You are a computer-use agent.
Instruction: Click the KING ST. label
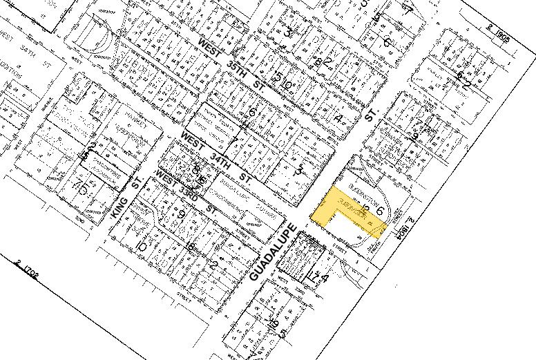tap(126, 197)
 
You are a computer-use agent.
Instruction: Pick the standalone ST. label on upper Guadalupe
tap(372, 114)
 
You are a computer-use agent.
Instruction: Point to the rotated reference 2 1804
tap(404, 228)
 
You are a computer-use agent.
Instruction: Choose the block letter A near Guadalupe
tap(338, 119)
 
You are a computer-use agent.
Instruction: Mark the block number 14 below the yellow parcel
tap(320, 277)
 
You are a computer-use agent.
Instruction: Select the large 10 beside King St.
tap(142, 246)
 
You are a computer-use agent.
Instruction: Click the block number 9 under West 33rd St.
tap(182, 215)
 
